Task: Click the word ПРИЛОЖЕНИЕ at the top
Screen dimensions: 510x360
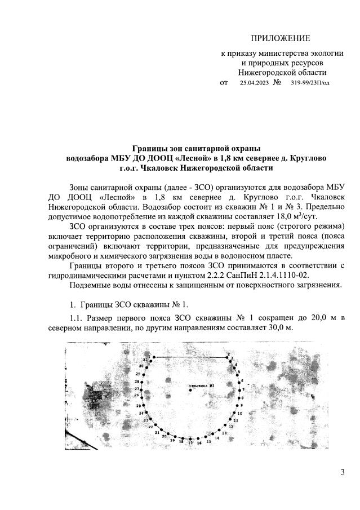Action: tap(281, 38)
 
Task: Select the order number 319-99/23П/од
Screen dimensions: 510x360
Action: tap(310, 83)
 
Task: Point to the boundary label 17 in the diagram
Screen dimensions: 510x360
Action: tap(190, 444)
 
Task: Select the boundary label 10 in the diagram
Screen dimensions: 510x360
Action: tap(239, 413)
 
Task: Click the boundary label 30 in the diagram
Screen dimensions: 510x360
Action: tap(140, 366)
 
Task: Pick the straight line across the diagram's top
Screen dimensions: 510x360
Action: tap(192, 357)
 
